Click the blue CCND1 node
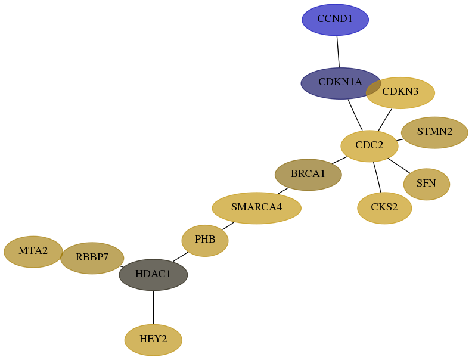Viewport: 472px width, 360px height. (335, 20)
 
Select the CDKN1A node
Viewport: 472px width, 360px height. (341, 83)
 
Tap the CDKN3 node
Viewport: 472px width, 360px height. (400, 93)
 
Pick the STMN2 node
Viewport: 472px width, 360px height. (434, 132)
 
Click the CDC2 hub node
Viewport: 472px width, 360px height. (369, 146)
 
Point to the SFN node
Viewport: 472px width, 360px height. (427, 184)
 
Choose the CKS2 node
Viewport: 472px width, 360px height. (384, 208)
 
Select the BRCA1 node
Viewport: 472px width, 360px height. (308, 175)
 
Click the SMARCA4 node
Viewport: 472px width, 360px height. (256, 208)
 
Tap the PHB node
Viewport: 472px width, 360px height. (205, 241)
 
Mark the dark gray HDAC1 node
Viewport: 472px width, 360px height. (153, 275)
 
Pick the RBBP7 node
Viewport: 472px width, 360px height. (92, 258)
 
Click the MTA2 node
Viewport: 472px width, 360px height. (33, 252)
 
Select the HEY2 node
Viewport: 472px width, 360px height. (153, 340)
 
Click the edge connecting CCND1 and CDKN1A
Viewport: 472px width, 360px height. (338, 51)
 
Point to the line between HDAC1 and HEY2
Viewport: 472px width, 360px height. (153, 308)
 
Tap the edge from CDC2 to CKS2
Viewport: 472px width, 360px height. (377, 177)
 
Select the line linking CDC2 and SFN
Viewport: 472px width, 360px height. (399, 166)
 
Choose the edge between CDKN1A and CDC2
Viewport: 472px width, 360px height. (355, 114)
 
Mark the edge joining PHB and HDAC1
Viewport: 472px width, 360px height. (181, 257)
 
